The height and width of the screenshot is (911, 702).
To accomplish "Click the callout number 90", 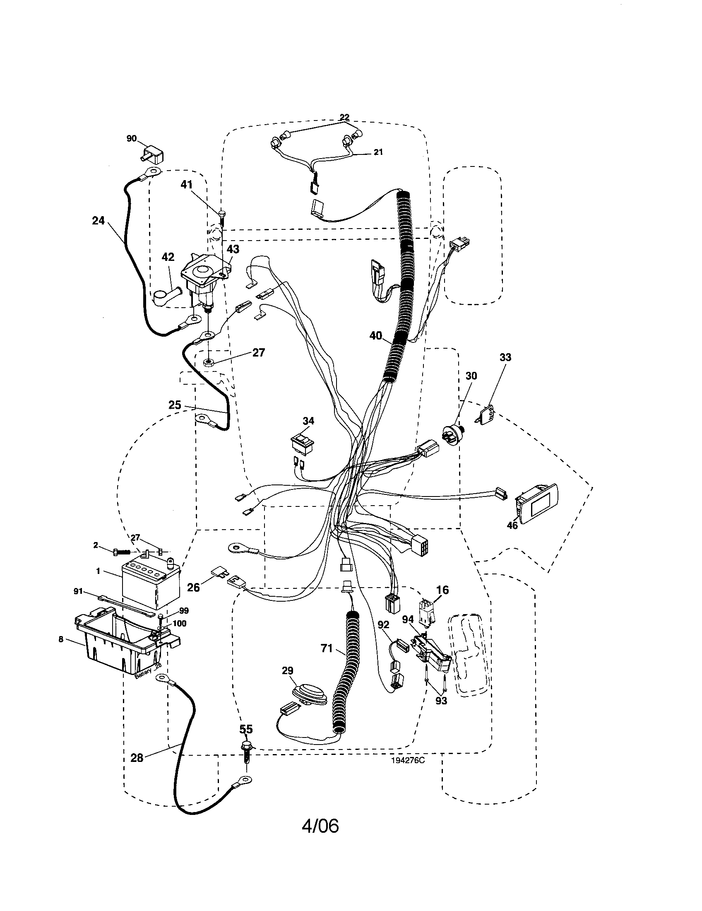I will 131,138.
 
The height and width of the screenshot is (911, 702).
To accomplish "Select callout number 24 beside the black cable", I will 99,221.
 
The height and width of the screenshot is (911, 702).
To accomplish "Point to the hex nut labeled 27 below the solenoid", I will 209,361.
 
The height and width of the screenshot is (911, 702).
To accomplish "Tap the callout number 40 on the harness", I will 375,335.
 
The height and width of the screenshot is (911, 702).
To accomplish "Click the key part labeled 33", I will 486,415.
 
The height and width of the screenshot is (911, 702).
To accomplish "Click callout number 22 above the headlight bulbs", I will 344,117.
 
